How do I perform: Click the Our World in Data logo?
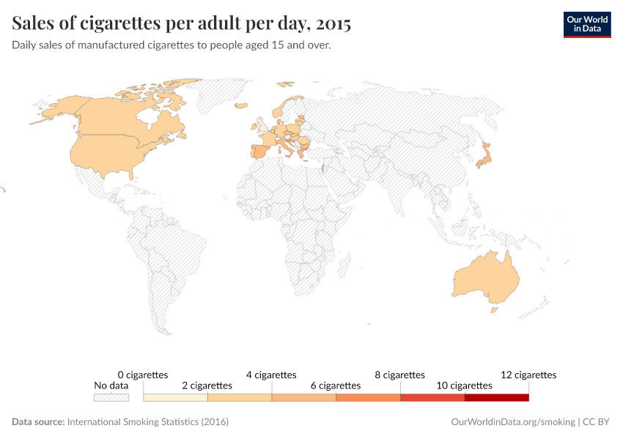[586, 23]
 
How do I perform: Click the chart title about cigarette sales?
[181, 23]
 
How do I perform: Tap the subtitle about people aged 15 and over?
[172, 45]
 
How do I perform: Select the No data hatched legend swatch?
[111, 397]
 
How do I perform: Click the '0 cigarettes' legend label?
[143, 375]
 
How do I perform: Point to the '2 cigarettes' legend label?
[207, 386]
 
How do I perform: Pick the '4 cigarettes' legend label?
[271, 375]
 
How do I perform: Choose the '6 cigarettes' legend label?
[336, 386]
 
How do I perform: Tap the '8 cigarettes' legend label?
[399, 375]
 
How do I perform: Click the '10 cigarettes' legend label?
[464, 386]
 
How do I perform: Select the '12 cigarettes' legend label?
[528, 375]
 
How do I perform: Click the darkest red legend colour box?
[496, 397]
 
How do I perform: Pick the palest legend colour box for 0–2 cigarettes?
[175, 397]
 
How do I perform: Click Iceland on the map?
[240, 105]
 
